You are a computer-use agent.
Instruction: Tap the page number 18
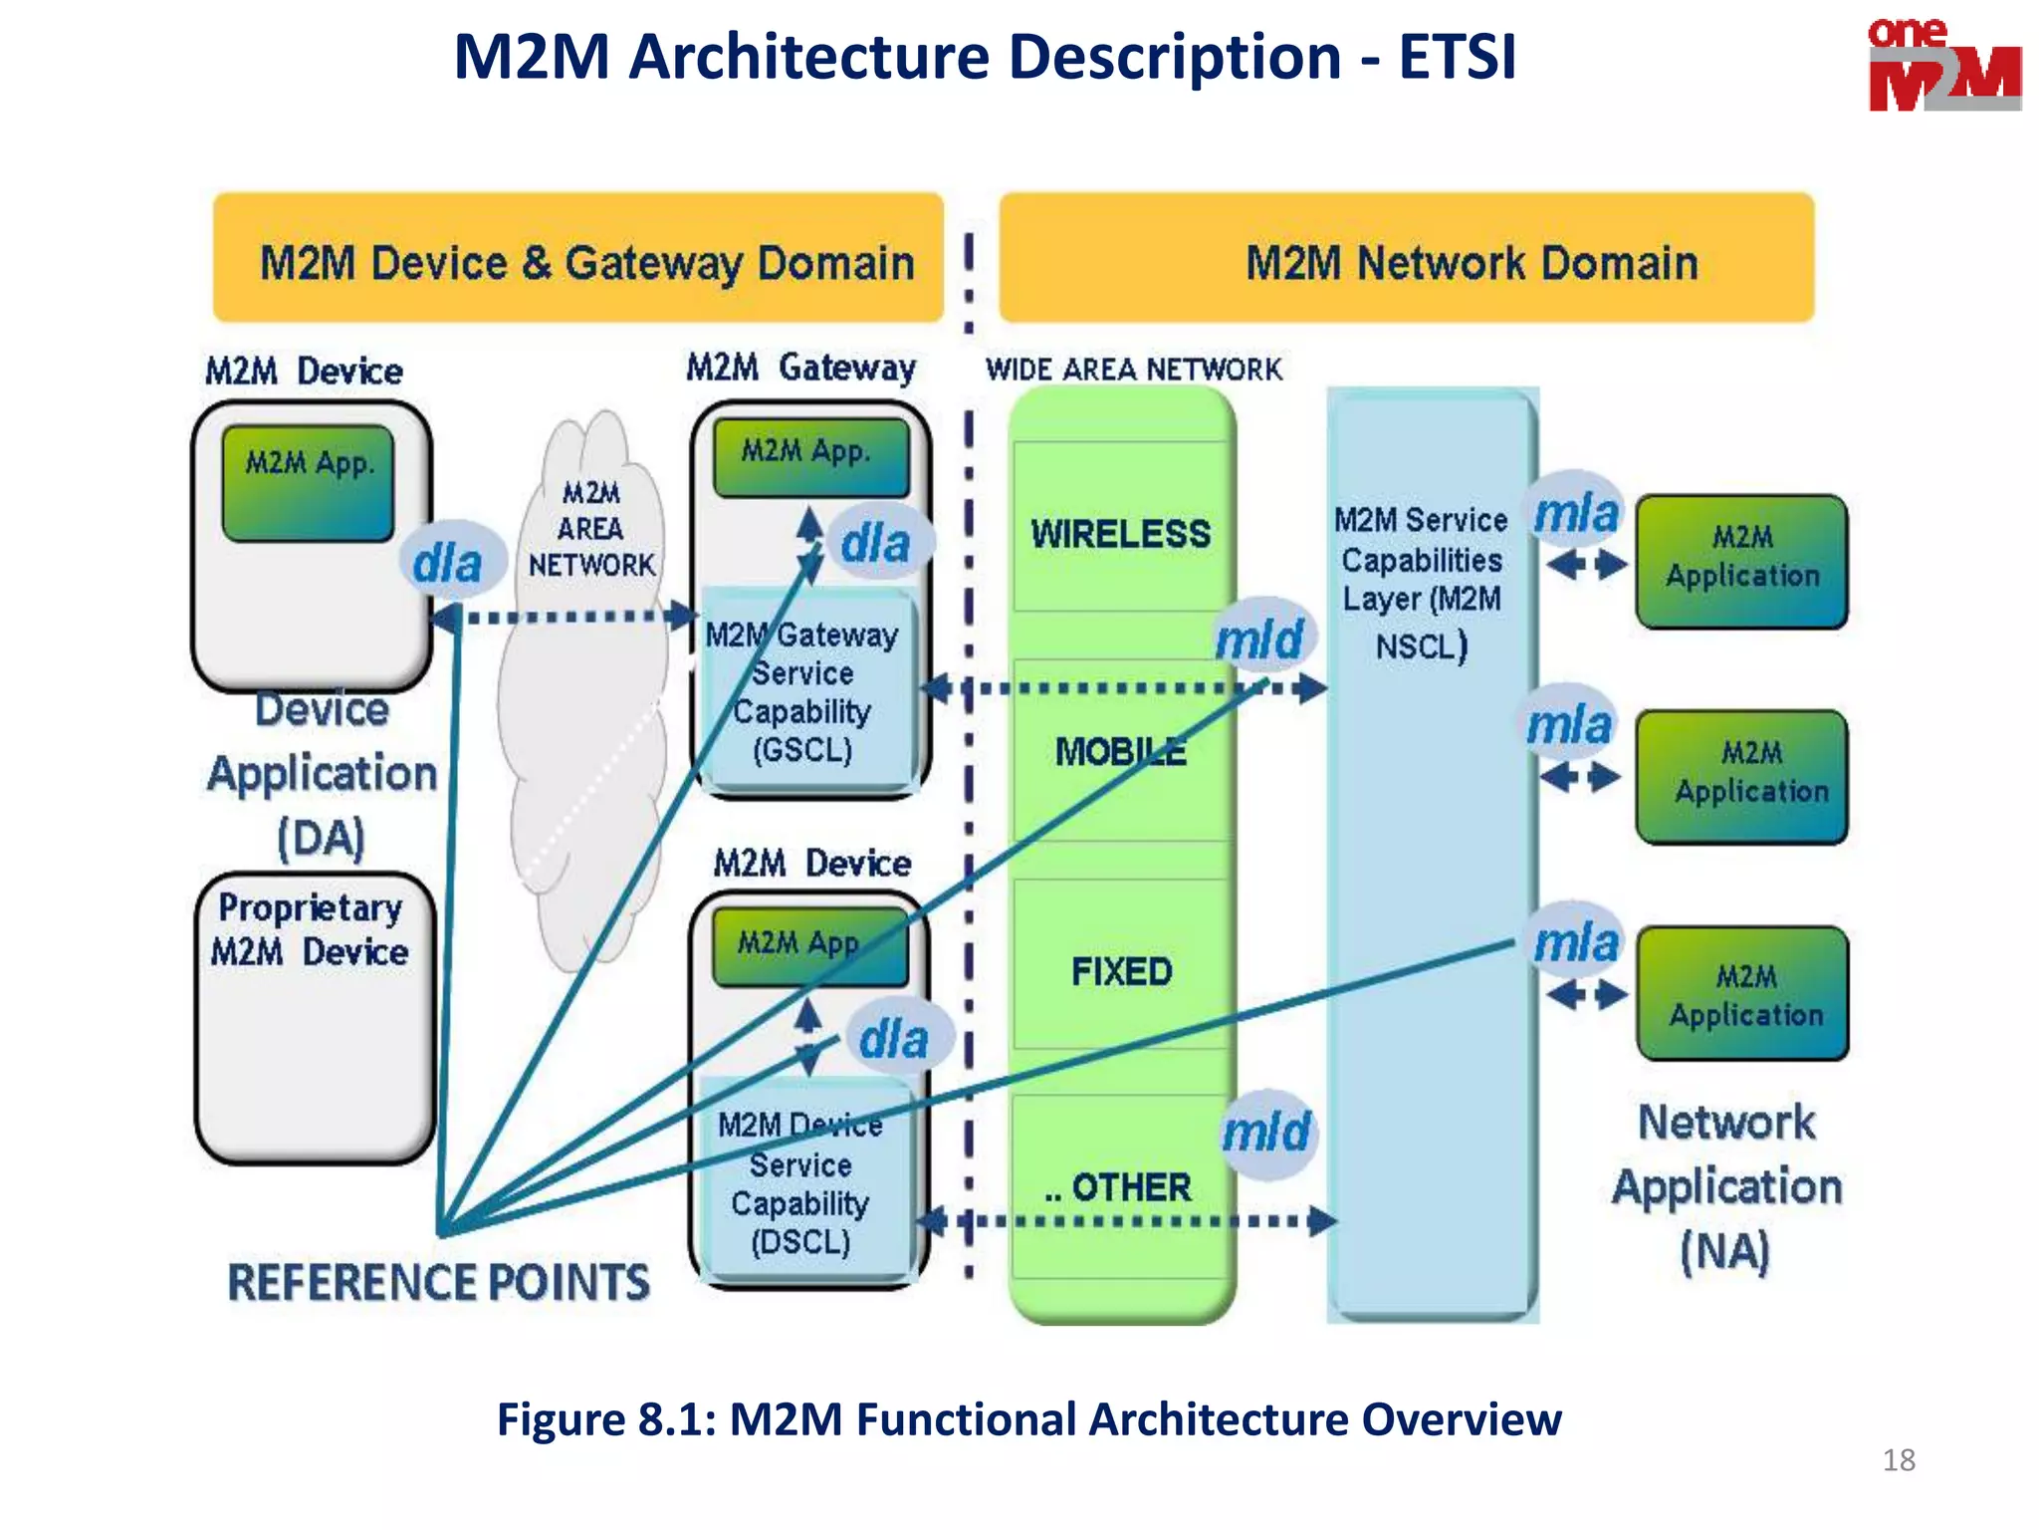(x=1898, y=1460)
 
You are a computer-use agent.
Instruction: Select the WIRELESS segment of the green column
(x=1121, y=534)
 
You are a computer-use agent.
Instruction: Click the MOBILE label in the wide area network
(x=1121, y=751)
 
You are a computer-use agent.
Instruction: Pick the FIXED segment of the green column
(x=1121, y=971)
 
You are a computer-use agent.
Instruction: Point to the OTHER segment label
(x=1130, y=1187)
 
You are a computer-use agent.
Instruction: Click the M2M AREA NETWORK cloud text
(x=590, y=529)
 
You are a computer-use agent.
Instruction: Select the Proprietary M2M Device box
(x=315, y=1016)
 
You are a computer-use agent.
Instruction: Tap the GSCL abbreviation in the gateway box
(x=802, y=749)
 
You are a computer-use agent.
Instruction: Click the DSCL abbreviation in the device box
(x=800, y=1242)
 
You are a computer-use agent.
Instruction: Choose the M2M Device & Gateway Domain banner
(x=578, y=261)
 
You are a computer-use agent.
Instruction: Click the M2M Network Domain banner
(x=1406, y=261)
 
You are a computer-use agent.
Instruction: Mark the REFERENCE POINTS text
(x=438, y=1282)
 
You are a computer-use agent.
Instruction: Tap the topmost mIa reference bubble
(x=1576, y=514)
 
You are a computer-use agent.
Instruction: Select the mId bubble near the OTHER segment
(x=1266, y=1133)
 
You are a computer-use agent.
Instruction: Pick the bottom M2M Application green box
(x=1742, y=994)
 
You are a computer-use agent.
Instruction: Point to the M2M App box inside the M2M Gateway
(x=809, y=455)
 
